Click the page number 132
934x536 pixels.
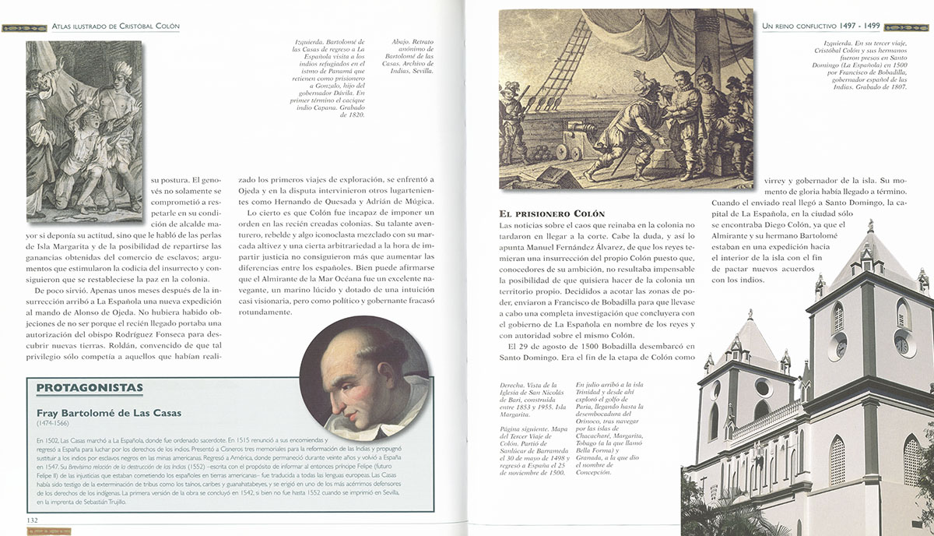33,520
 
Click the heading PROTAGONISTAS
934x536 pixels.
90,387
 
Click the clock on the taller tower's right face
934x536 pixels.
901,344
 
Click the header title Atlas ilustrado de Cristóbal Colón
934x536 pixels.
114,26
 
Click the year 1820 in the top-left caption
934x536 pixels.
353,115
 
